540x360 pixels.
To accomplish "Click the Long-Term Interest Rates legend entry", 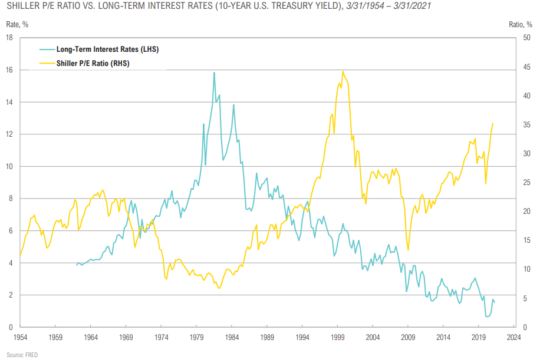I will [107, 49].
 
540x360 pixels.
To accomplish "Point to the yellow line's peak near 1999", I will [343, 71].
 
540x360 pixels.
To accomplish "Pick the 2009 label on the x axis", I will [408, 338].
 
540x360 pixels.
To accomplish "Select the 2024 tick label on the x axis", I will [513, 338].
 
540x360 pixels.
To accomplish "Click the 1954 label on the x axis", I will [19, 338].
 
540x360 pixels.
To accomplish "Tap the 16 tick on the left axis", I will [10, 70].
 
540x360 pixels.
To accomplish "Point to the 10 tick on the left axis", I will [10, 167].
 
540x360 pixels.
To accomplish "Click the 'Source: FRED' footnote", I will [23, 354].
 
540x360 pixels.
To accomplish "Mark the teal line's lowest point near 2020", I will [487, 317].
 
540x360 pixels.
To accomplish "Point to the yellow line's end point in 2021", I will [493, 124].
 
